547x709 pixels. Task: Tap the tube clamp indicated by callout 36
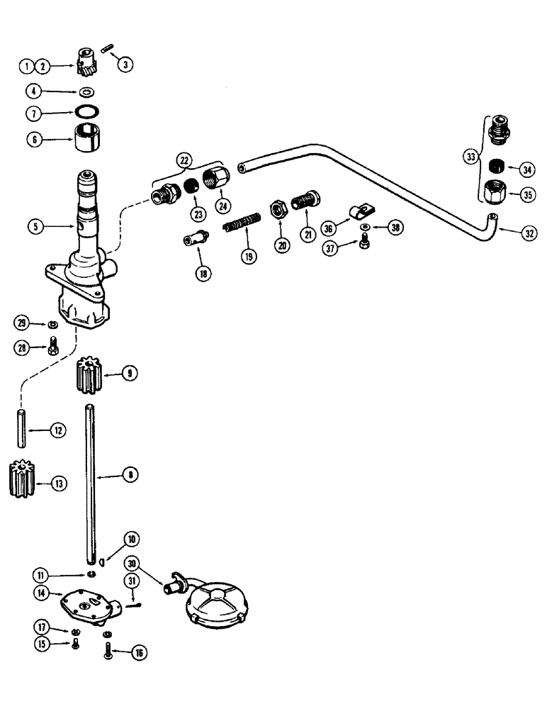358,211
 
